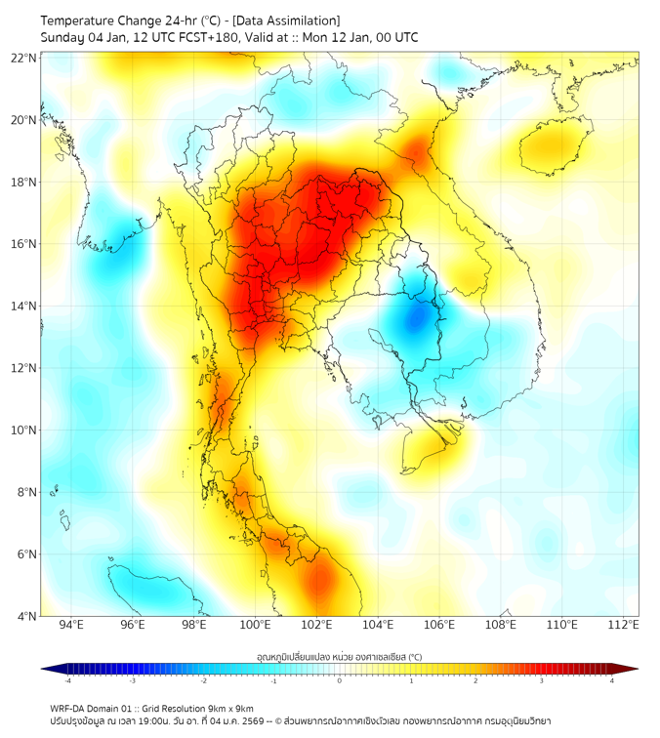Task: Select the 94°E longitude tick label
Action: (71, 625)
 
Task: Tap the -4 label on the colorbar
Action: (67, 680)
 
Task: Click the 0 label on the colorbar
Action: (340, 680)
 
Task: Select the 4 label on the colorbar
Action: (612, 680)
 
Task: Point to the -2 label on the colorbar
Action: (203, 680)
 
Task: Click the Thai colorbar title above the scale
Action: (339, 656)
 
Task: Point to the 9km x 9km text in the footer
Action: (230, 708)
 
